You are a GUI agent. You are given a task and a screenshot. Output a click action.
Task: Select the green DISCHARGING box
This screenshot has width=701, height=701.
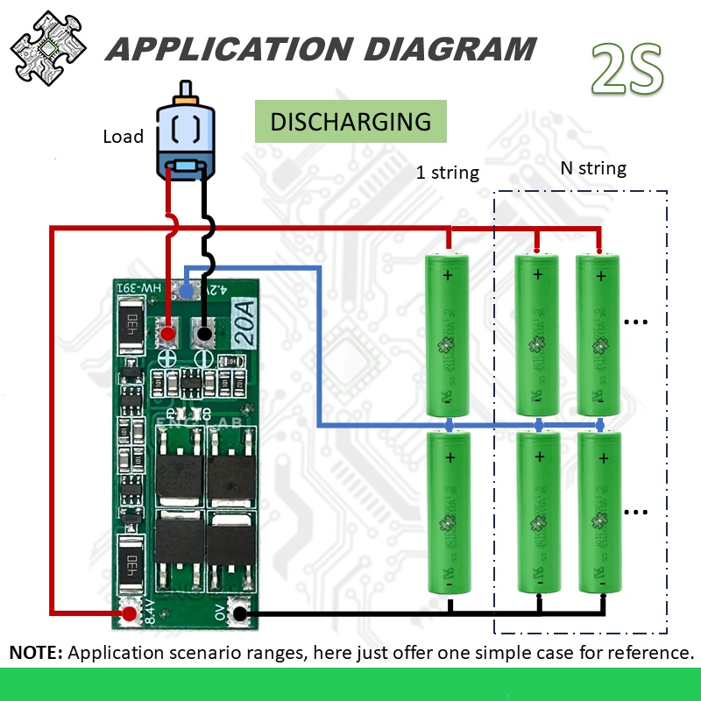click(x=350, y=122)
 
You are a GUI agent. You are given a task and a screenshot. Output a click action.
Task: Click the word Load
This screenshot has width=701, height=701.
click(x=123, y=137)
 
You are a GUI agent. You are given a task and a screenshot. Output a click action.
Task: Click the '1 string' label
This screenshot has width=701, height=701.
click(x=448, y=173)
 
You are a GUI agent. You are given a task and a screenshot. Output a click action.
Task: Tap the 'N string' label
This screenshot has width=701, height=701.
click(x=593, y=168)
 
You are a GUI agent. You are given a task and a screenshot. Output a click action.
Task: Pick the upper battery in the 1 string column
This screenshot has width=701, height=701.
click(x=450, y=335)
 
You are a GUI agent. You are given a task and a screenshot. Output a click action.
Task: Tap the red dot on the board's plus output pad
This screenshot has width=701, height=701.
click(x=167, y=333)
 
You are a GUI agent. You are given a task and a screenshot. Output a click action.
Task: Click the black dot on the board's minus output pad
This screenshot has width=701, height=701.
click(x=204, y=333)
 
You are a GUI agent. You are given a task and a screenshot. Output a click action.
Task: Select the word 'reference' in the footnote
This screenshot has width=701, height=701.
click(x=648, y=653)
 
